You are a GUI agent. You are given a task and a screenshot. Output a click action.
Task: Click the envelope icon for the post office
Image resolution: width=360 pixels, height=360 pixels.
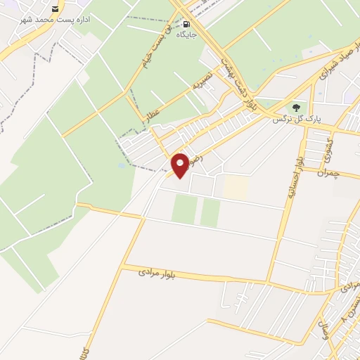click(x=56, y=9)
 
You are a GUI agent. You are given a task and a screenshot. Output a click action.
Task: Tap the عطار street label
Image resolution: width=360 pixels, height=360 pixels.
click(x=153, y=112)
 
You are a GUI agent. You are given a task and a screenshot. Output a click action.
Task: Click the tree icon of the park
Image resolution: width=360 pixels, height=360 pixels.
click(x=296, y=108)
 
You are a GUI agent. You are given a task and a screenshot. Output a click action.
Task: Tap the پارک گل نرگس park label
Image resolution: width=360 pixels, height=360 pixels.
click(x=296, y=120)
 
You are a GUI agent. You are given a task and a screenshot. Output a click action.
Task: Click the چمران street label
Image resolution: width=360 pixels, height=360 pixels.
click(x=328, y=173)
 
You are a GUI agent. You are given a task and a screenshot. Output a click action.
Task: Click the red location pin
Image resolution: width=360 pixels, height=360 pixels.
click(x=180, y=165)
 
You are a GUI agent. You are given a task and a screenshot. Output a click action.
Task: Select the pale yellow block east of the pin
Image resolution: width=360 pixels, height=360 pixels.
click(x=236, y=186)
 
